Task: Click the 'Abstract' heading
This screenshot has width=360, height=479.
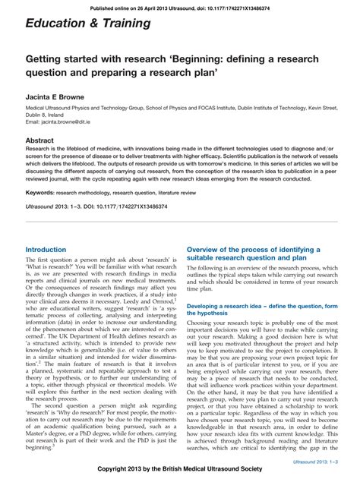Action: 40,140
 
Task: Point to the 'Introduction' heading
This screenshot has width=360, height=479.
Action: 46,249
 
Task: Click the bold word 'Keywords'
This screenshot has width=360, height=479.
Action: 39,194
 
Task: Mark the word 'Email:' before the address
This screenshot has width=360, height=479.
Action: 33,121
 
